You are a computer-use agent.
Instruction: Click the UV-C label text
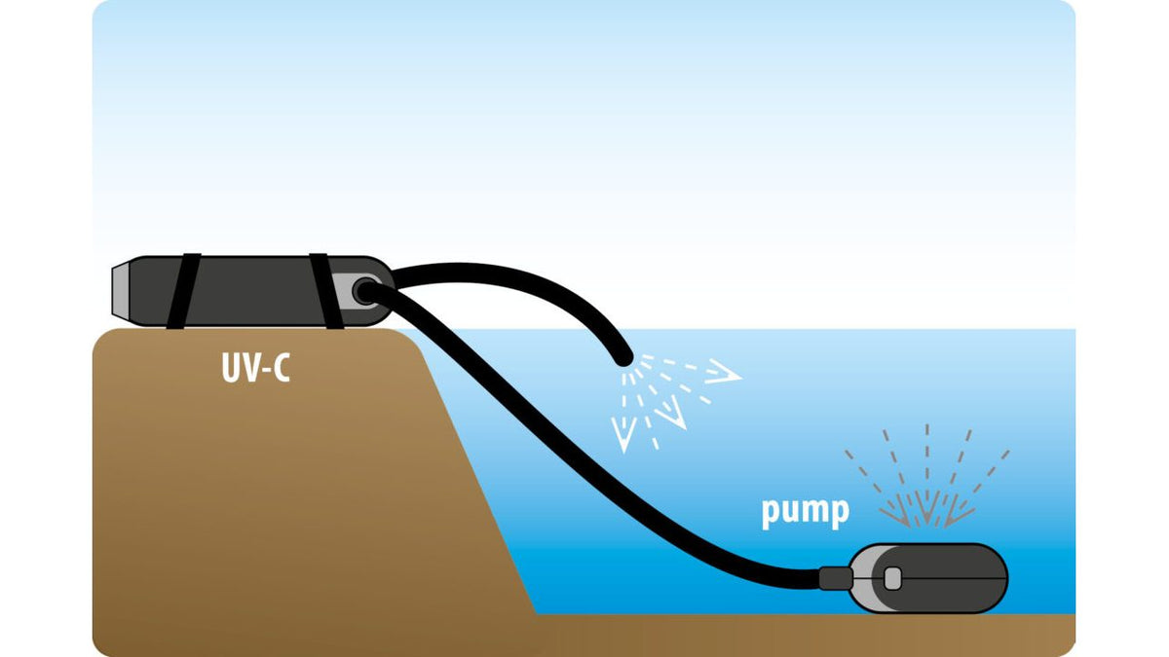click(x=255, y=368)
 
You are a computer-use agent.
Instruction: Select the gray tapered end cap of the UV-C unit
click(x=121, y=290)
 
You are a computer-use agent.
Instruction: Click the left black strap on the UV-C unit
click(x=184, y=291)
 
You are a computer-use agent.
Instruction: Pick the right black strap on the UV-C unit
click(x=326, y=291)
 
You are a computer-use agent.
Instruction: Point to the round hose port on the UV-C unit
click(x=365, y=291)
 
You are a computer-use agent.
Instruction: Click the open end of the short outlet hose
click(x=622, y=358)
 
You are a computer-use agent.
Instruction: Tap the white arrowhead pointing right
click(x=725, y=372)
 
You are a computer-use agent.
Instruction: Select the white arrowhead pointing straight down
click(x=623, y=435)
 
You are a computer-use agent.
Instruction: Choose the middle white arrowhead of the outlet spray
click(x=671, y=413)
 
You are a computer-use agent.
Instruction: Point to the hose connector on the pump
click(x=836, y=578)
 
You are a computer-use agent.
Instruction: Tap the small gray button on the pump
click(x=893, y=579)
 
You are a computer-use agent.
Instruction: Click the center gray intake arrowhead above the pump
click(x=927, y=508)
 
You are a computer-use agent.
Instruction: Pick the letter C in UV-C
click(x=282, y=368)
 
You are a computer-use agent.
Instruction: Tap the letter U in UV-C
click(x=230, y=368)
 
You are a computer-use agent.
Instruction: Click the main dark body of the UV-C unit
click(x=254, y=291)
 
